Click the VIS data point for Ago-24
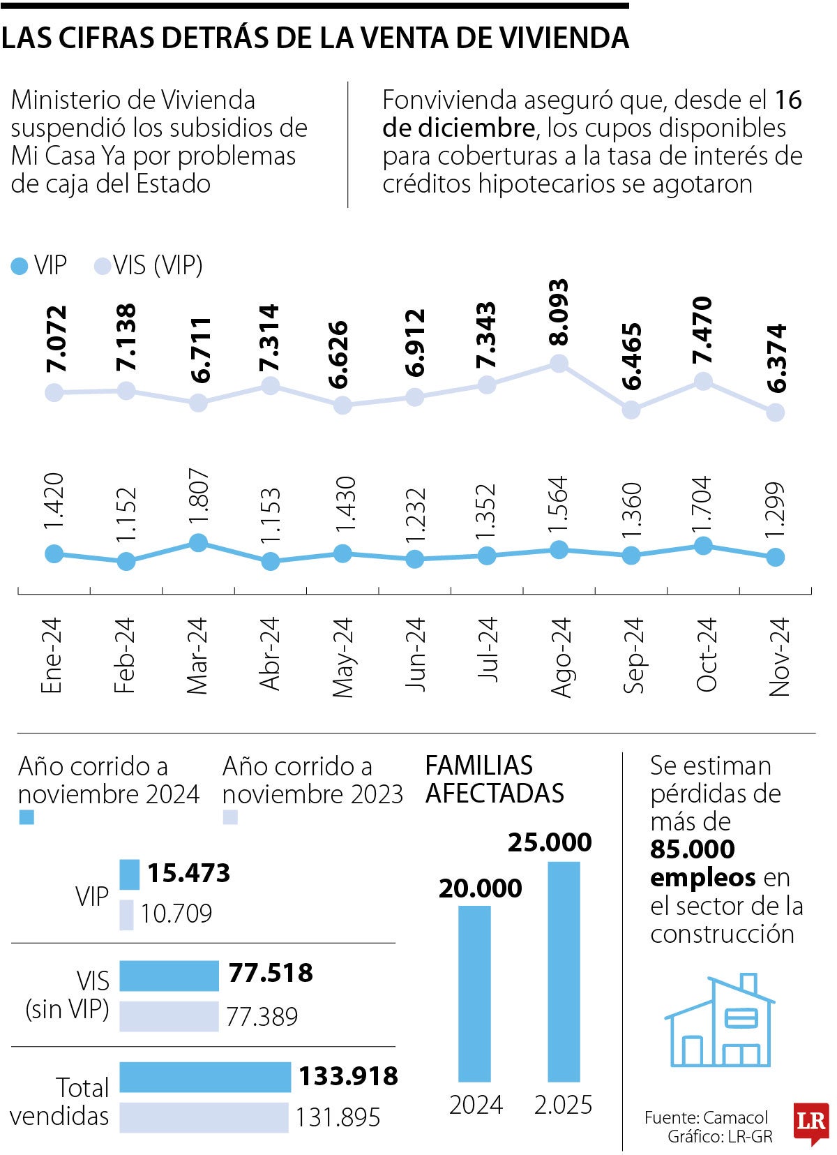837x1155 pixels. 559,363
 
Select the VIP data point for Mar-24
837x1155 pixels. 198,542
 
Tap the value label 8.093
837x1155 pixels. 558,312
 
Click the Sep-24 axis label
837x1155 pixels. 633,655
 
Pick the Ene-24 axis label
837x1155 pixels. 52,655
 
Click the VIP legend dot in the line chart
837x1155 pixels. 20,266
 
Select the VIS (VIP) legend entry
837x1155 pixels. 149,265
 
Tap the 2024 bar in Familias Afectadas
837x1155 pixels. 474,993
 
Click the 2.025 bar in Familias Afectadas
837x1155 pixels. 564,971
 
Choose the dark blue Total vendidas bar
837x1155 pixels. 205,1077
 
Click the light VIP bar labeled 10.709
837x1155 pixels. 126,915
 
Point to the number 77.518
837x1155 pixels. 271,973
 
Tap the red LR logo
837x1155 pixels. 810,1123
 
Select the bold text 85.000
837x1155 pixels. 692,849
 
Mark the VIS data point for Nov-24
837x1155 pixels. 775,412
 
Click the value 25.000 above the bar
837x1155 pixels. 550,842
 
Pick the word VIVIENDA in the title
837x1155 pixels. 564,38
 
